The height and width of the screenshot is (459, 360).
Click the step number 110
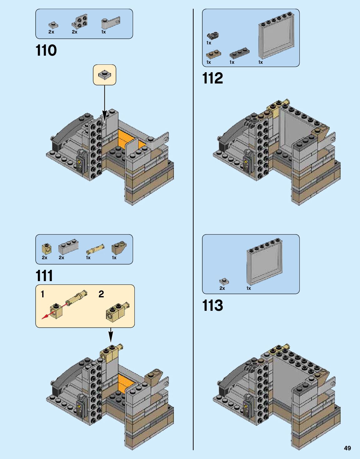[46, 51]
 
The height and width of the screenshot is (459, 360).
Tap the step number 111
[44, 276]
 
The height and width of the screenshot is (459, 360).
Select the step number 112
[213, 78]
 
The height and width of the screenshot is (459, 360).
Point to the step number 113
[213, 305]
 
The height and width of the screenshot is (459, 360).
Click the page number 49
[347, 448]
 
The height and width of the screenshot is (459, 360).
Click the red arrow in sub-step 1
[47, 316]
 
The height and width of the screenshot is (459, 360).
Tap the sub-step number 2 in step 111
[101, 294]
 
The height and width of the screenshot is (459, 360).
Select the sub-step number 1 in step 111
[43, 294]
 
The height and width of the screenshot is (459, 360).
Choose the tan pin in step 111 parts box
[95, 249]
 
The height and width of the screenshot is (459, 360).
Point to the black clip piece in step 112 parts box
[213, 36]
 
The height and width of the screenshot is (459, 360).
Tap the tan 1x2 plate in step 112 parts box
[213, 54]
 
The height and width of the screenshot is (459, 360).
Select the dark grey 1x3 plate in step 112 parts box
[239, 53]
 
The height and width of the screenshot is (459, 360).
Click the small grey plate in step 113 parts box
[224, 281]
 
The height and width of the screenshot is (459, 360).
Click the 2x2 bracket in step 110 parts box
[79, 22]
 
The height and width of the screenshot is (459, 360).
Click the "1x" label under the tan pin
[88, 258]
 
